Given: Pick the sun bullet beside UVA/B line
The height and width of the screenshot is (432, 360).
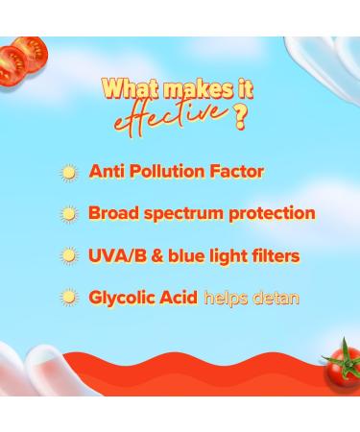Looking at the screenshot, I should [68, 257].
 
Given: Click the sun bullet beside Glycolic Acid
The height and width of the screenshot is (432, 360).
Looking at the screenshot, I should [68, 299].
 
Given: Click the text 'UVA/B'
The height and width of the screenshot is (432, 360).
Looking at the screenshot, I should [115, 256].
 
